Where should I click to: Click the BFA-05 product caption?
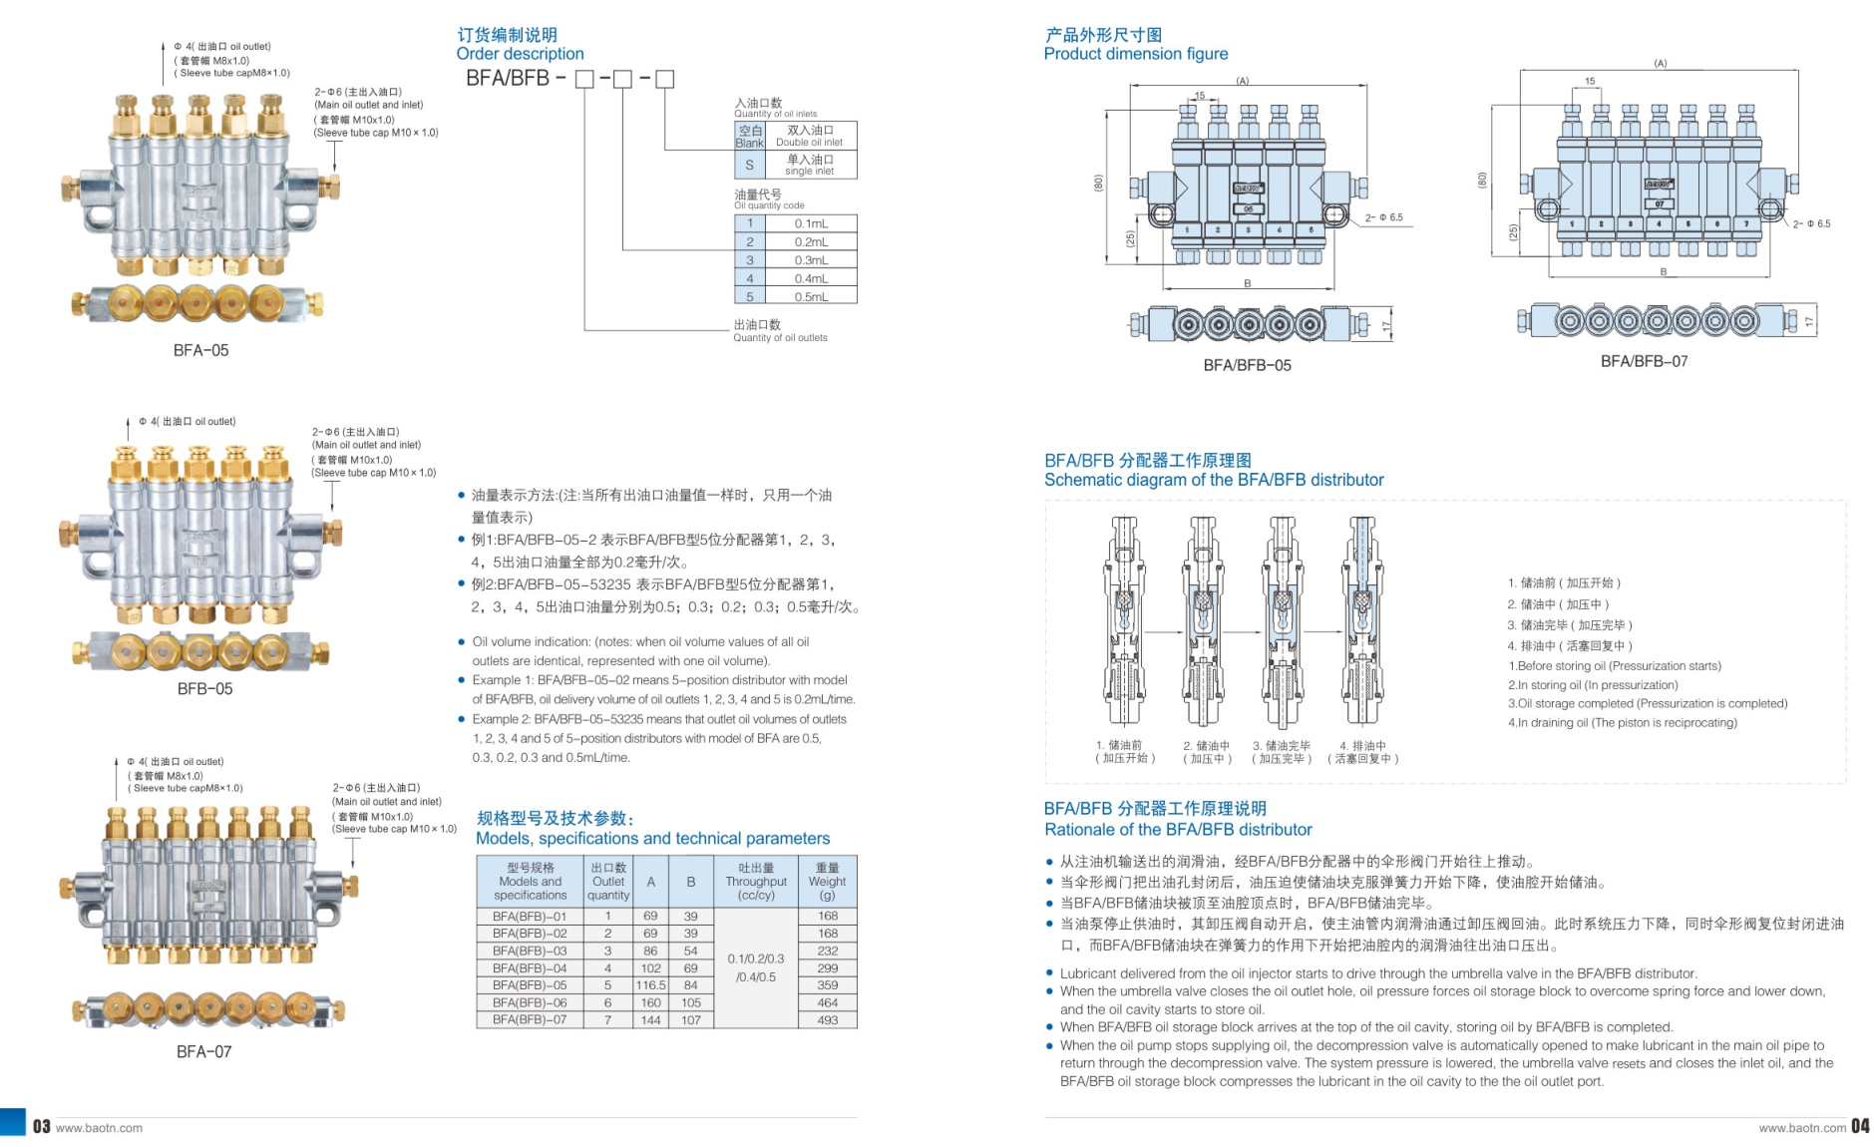200,351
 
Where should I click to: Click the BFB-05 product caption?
204,689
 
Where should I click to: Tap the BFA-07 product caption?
203,1052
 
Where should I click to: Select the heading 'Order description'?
520,54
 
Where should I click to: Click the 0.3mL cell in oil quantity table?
811,260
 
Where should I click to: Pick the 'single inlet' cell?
809,165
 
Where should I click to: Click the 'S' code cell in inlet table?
749,165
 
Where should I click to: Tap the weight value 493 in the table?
827,1020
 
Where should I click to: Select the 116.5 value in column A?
650,985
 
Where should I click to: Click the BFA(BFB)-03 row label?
530,952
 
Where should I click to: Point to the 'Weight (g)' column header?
827,881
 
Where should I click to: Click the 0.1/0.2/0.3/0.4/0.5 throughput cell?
756,967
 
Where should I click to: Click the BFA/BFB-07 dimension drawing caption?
1644,362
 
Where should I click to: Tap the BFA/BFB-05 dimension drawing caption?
1247,366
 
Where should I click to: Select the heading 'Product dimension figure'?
1135,54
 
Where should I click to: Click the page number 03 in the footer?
41,1127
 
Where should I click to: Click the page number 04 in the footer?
1860,1127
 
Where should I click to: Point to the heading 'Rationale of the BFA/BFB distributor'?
1178,830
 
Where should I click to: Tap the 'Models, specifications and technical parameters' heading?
652,839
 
